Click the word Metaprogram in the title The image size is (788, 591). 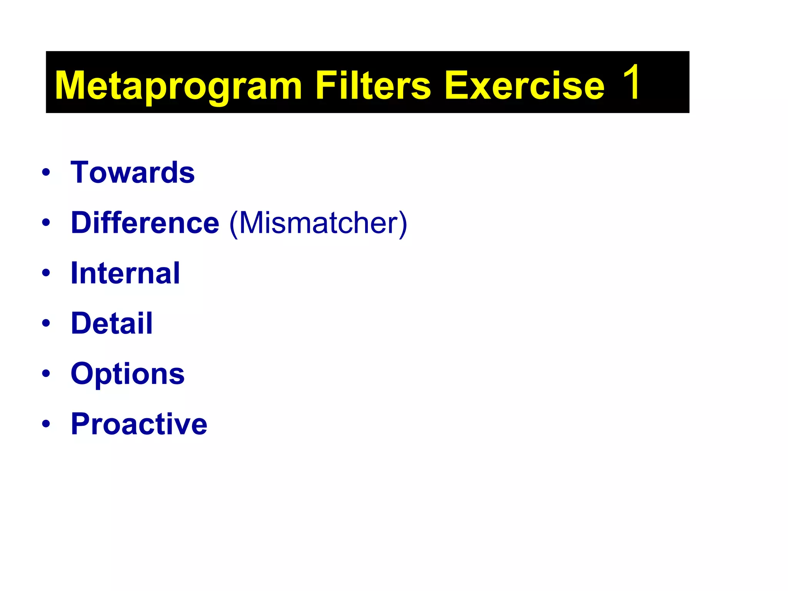pos(178,85)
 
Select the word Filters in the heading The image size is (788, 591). pos(373,85)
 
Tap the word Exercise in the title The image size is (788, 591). pos(524,85)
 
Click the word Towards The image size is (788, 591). pos(133,172)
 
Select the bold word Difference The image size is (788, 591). pos(145,223)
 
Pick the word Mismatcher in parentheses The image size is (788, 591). pos(318,223)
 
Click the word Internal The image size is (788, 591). pos(125,273)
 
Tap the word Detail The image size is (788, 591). pos(112,323)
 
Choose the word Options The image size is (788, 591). pos(128,374)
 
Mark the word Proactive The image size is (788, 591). pos(139,424)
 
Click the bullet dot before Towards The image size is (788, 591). pos(46,172)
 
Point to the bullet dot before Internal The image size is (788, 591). pos(46,273)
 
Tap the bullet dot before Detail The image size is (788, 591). pos(46,323)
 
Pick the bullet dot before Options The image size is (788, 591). pos(46,374)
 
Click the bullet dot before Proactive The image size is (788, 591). pos(46,424)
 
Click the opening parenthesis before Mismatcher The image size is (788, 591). pos(233,224)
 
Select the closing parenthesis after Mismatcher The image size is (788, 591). pos(402,224)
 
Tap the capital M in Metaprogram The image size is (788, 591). pos(72,85)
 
